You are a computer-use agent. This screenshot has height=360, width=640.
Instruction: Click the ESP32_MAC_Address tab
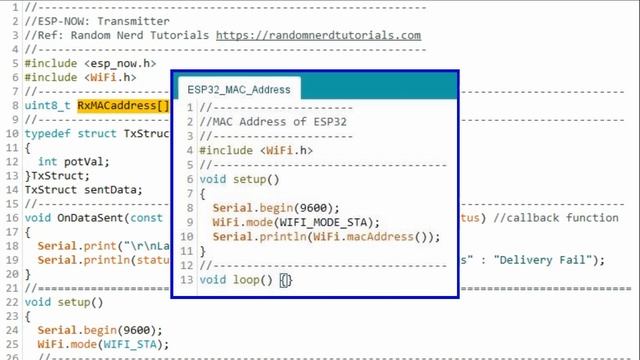coord(239,89)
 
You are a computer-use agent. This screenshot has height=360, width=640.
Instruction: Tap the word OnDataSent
coord(94,217)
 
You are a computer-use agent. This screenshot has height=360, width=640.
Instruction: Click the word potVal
coord(81,161)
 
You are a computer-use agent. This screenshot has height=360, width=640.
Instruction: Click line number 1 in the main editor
coord(9,7)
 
